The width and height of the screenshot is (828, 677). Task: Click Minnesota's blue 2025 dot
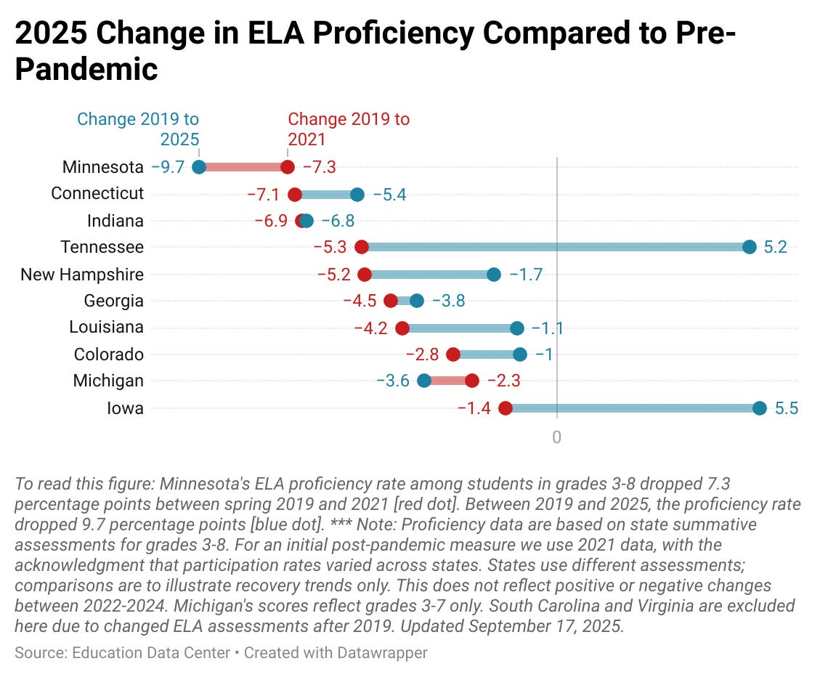(x=199, y=167)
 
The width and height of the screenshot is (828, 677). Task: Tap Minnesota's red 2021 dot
(x=288, y=167)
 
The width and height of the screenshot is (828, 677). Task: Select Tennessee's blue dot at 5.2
(x=750, y=247)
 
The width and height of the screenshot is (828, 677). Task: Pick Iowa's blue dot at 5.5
(x=760, y=408)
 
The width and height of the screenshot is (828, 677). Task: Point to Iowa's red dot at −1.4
(x=506, y=408)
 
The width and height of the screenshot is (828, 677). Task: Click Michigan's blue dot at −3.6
(x=424, y=381)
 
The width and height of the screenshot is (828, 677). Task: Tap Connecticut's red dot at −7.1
(x=295, y=194)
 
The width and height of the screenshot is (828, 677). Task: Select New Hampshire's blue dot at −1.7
(x=494, y=274)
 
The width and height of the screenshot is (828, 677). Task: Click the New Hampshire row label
(x=82, y=275)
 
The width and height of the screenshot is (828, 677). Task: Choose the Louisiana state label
(x=107, y=328)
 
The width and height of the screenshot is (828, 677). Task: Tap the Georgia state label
(x=114, y=301)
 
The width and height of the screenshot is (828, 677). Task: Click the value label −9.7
(x=168, y=167)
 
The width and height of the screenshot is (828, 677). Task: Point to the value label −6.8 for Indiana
(x=338, y=221)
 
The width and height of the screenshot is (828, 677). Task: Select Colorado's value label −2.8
(x=422, y=354)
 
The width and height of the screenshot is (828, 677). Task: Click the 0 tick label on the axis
(x=557, y=437)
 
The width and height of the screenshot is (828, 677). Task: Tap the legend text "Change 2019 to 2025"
(x=138, y=129)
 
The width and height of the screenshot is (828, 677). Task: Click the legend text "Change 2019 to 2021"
(x=349, y=129)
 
